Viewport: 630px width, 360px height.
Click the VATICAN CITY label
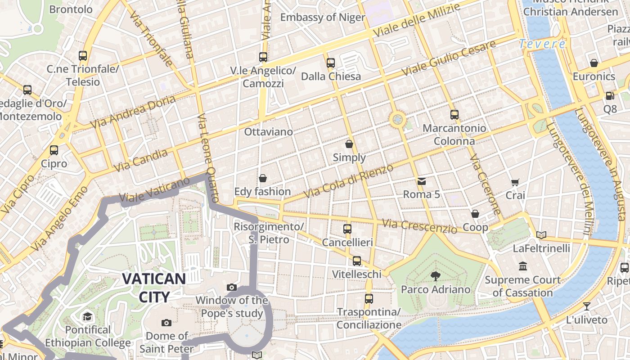click(x=153, y=288)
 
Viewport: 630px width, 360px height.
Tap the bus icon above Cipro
click(x=54, y=150)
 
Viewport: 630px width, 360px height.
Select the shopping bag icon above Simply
click(x=349, y=144)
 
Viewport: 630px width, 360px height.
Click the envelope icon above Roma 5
click(x=422, y=181)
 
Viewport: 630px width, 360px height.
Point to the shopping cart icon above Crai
click(x=515, y=182)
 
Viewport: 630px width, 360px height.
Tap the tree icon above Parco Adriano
click(x=435, y=276)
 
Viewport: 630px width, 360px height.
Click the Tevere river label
click(x=542, y=44)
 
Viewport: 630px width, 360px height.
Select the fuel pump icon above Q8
click(x=610, y=95)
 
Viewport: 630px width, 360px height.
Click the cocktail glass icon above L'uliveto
click(x=587, y=307)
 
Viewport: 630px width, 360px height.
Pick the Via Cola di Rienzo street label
click(x=349, y=181)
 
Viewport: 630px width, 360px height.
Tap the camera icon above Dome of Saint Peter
click(x=166, y=323)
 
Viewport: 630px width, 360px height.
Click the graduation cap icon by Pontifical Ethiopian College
click(x=88, y=316)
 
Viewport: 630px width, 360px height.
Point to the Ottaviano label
click(x=268, y=132)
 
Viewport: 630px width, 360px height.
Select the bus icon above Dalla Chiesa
click(x=331, y=63)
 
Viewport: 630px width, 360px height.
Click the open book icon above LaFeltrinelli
click(x=541, y=235)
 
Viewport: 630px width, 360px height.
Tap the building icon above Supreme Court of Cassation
click(x=523, y=266)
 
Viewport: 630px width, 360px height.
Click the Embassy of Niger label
click(x=323, y=17)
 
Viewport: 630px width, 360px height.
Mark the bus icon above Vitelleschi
click(x=357, y=261)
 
